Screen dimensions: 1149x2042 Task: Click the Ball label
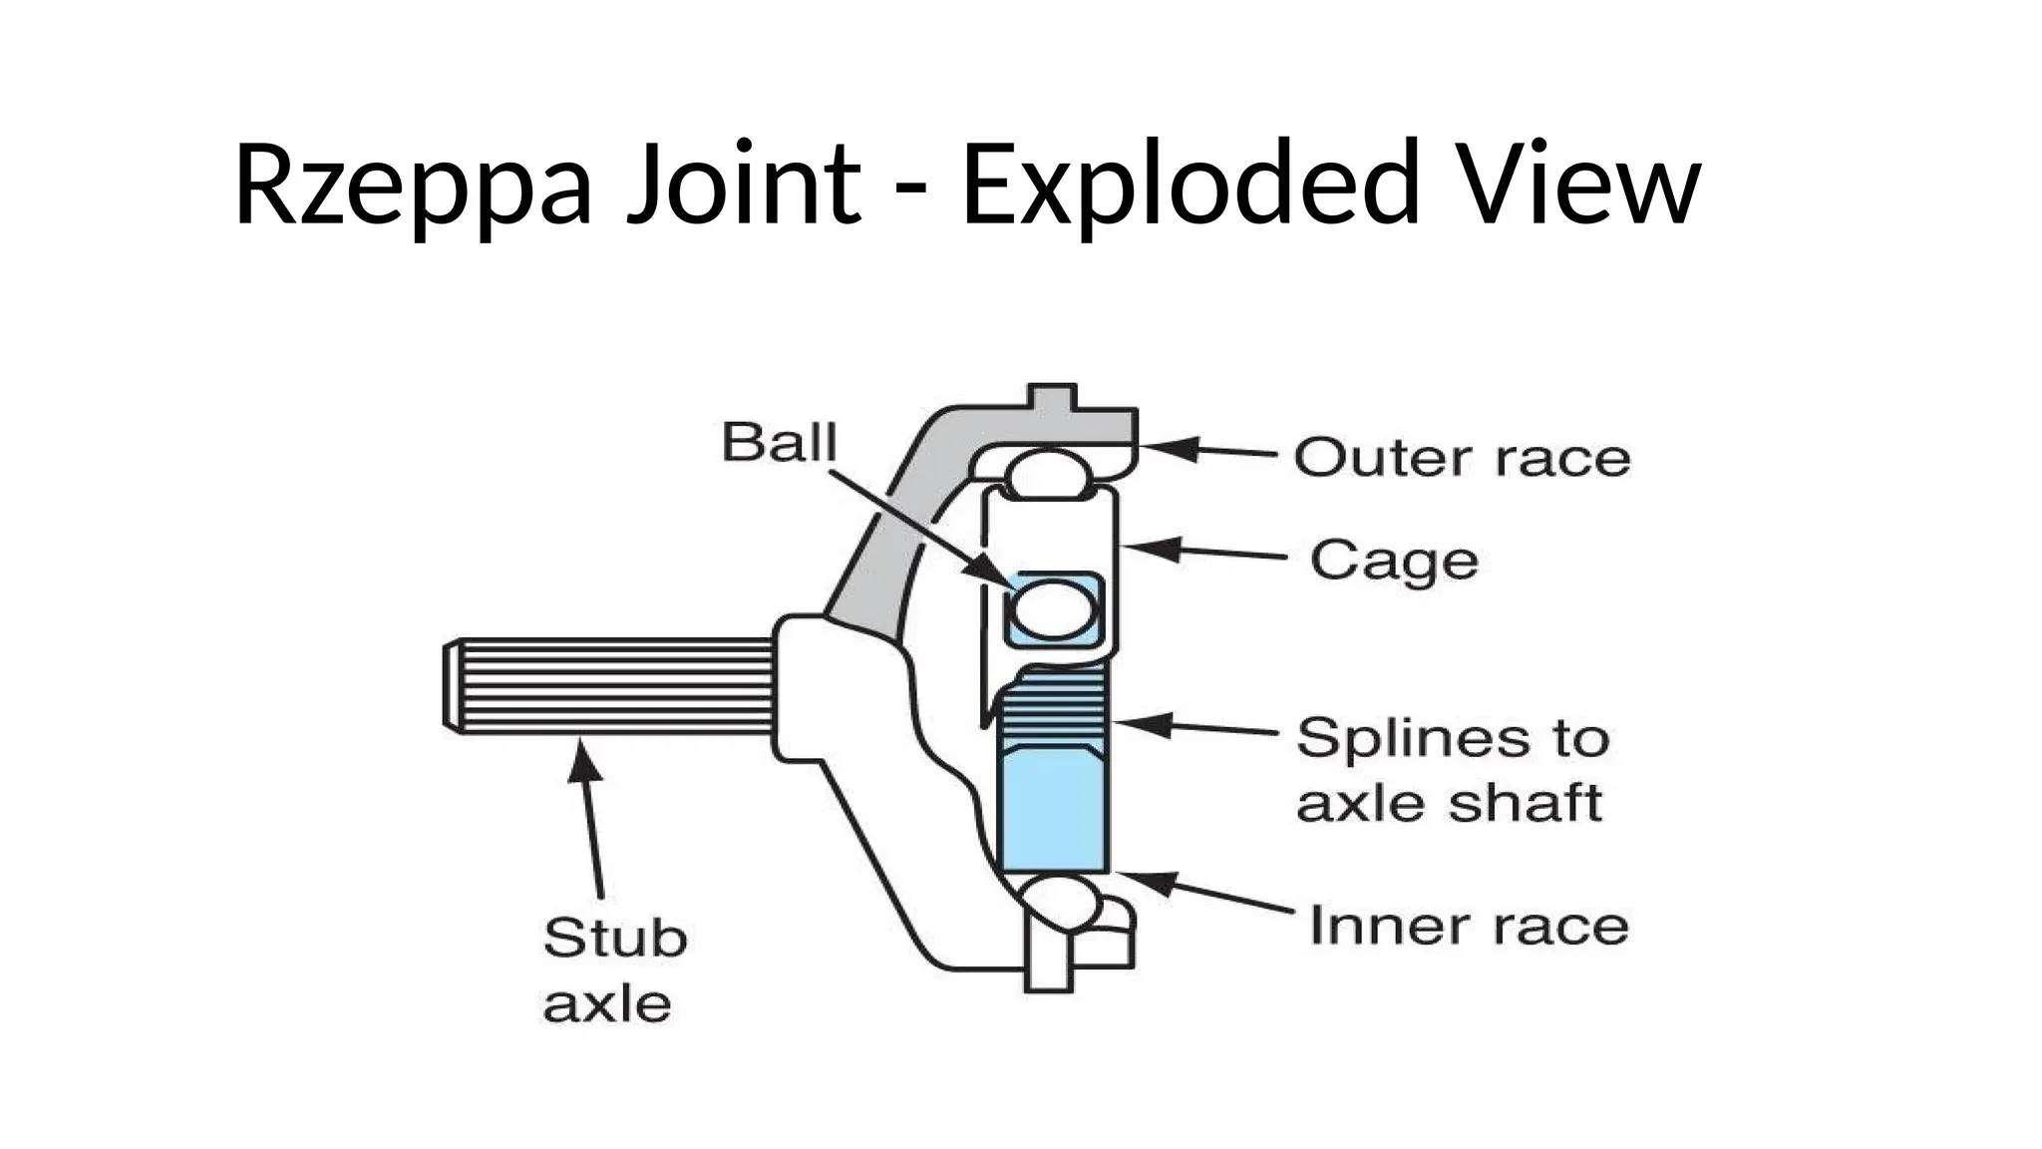pos(779,442)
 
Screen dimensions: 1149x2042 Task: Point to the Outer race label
pos(1462,459)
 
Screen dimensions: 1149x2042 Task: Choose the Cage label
pos(1393,562)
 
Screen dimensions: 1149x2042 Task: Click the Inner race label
pos(1468,926)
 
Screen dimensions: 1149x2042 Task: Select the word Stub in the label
pos(615,939)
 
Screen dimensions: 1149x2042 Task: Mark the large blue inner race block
pos(1053,812)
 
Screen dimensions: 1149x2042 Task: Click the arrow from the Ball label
pos(917,529)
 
